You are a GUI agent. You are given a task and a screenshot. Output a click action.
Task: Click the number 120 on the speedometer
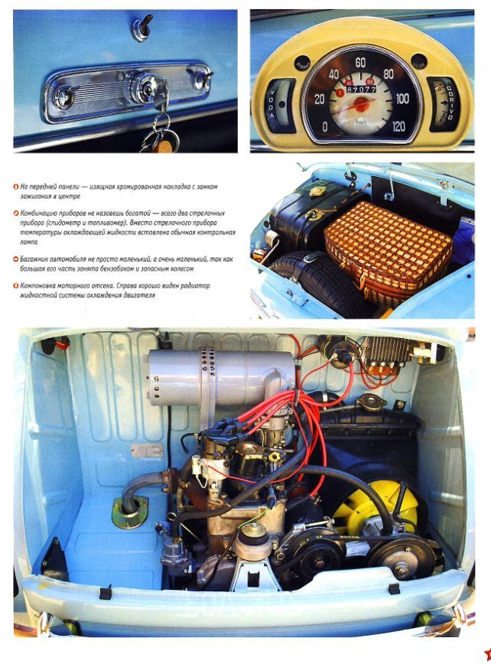[x=398, y=127]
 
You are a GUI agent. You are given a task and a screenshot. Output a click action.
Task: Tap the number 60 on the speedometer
[x=361, y=63]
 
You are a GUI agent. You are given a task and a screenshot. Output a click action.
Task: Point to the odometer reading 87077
[x=362, y=90]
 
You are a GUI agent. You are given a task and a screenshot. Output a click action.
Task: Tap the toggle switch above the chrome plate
[x=143, y=28]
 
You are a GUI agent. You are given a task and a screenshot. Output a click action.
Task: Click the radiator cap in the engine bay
[x=369, y=400]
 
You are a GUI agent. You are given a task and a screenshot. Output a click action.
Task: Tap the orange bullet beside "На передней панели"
[x=15, y=187]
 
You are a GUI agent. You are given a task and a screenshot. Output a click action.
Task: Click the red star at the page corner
[x=486, y=653]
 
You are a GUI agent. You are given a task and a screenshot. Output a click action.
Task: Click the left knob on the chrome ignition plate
[x=67, y=96]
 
